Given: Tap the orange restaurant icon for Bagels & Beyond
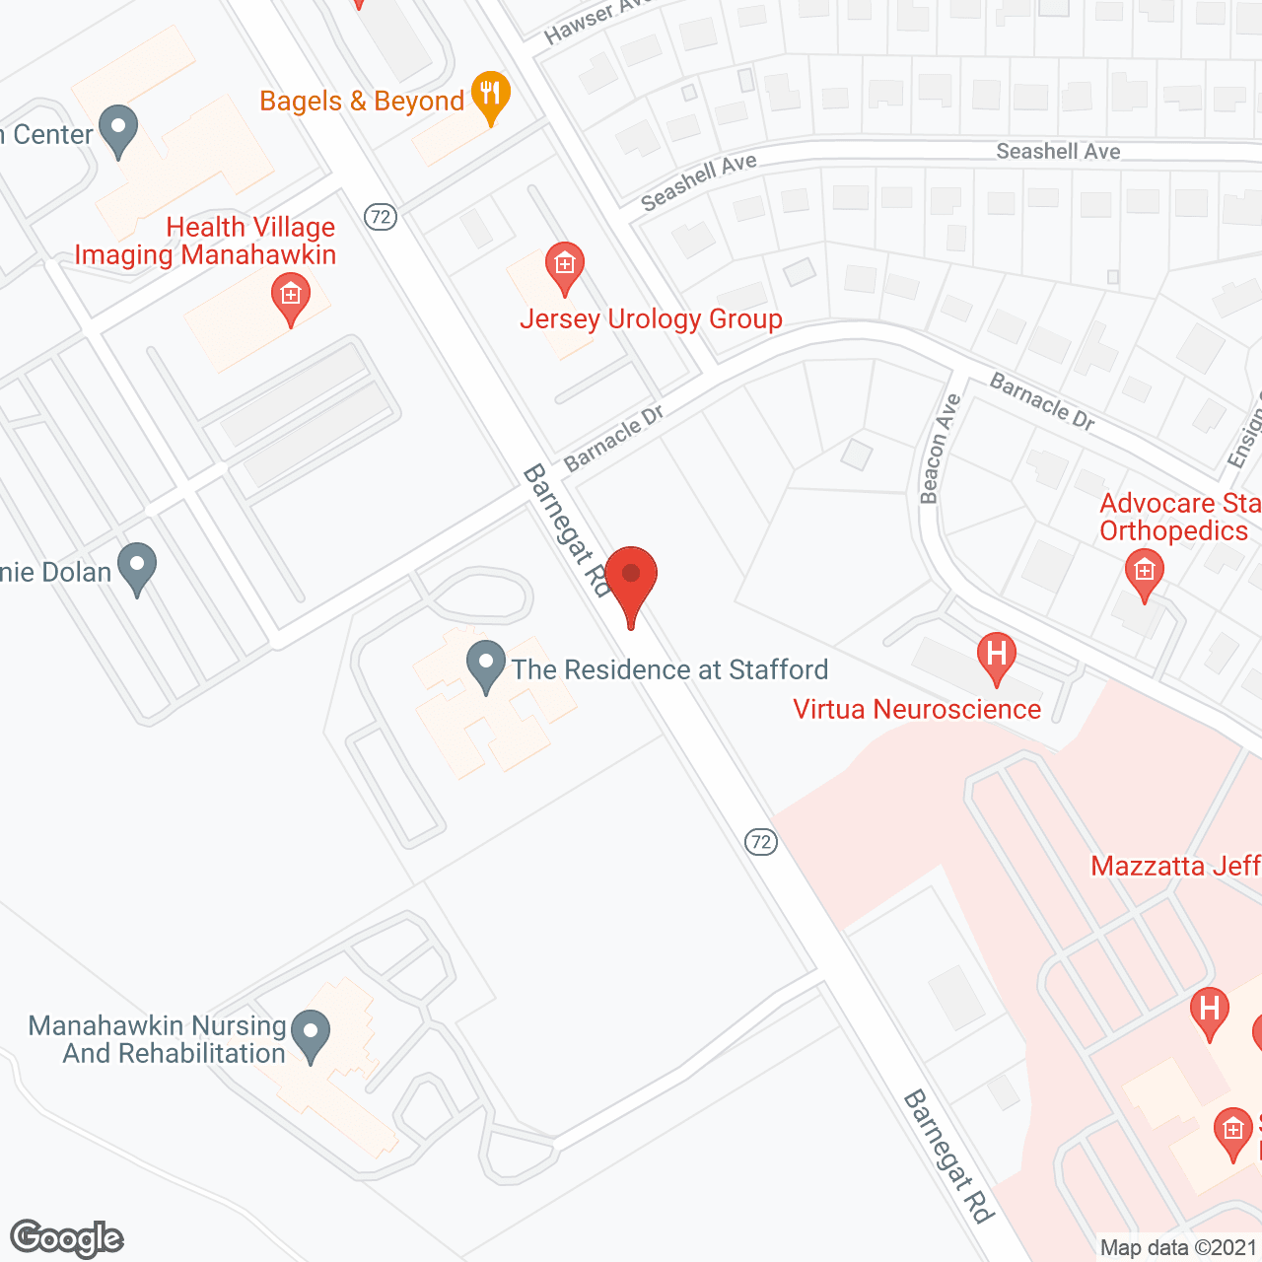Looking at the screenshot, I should pyautogui.click(x=490, y=96).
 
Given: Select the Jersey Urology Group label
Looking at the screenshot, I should pyautogui.click(x=651, y=319).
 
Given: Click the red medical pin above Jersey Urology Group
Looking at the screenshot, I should pyautogui.click(x=565, y=266).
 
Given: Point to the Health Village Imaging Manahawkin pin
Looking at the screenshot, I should pyautogui.click(x=291, y=297).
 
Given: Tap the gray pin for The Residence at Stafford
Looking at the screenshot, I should pyautogui.click(x=485, y=665).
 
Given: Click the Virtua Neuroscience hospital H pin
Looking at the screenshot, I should pyautogui.click(x=997, y=656).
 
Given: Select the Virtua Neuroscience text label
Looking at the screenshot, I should pyautogui.click(x=917, y=710).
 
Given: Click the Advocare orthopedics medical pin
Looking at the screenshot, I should pyautogui.click(x=1144, y=573).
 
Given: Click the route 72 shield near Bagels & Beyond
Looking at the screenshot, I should pyautogui.click(x=381, y=216).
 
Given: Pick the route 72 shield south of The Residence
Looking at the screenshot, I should pyautogui.click(x=760, y=841).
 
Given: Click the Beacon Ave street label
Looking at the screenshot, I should pyautogui.click(x=940, y=450).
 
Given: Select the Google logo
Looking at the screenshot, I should pyautogui.click(x=66, y=1238).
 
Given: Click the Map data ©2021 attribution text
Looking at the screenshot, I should pyautogui.click(x=1179, y=1247).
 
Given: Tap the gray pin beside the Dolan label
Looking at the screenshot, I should pyautogui.click(x=137, y=567).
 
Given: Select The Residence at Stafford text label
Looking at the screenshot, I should pyautogui.click(x=669, y=670).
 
